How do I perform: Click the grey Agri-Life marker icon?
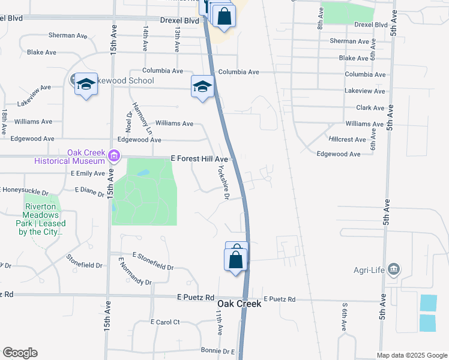pos(394,268)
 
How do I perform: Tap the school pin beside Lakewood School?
pos(86,84)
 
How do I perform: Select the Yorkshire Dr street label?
pos(223,182)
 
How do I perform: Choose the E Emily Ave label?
pos(88,173)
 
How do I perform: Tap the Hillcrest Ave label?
pos(348,139)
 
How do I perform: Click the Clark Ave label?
pos(370,108)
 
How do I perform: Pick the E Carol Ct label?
pos(165,322)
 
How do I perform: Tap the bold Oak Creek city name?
pos(239,304)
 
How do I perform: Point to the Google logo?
pos(20,353)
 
